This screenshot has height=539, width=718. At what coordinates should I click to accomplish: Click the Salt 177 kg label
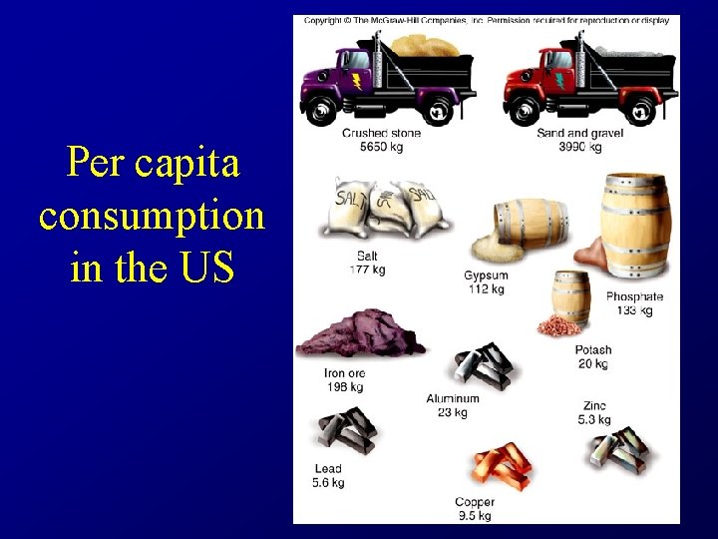coord(367,263)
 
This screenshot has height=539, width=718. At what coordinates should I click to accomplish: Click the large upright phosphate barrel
coord(635,227)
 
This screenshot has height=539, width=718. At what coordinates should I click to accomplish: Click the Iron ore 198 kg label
coord(344,380)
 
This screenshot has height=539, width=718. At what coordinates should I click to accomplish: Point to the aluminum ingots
coord(483,363)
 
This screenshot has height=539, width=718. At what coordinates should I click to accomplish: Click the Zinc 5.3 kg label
coord(595,413)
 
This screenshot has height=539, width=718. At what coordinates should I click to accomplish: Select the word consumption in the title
coord(152,215)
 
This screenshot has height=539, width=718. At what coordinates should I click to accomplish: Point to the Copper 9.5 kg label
coord(475,509)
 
